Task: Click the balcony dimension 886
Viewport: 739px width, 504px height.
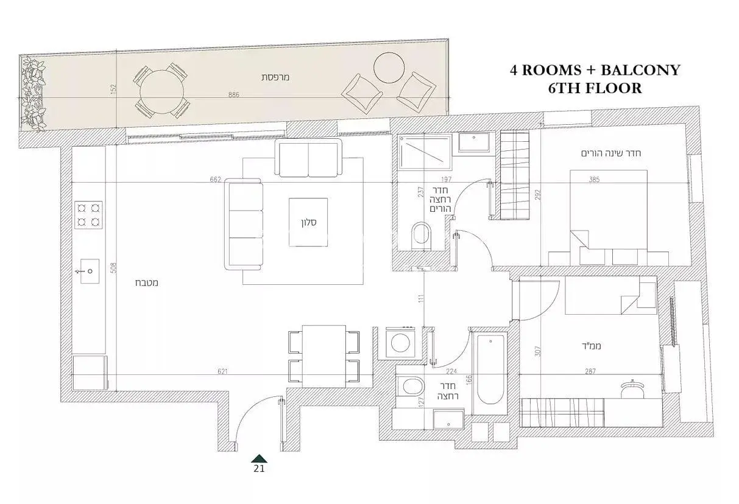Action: click(233, 94)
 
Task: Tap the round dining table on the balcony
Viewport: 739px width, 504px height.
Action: click(161, 92)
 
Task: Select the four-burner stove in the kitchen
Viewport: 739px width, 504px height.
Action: click(88, 215)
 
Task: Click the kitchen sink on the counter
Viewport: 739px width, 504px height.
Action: click(90, 271)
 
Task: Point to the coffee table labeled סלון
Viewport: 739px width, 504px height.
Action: click(308, 222)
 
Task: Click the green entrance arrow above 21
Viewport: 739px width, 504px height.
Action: click(259, 458)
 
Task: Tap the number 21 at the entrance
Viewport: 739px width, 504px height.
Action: click(259, 469)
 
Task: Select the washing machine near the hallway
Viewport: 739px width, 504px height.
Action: click(400, 343)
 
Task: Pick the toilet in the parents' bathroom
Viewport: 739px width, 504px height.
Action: click(422, 236)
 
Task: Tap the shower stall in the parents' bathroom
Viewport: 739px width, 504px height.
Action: click(424, 152)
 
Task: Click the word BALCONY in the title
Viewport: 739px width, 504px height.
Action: click(640, 70)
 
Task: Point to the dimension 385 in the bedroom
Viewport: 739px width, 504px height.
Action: click(594, 180)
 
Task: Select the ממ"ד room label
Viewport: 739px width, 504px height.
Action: click(591, 346)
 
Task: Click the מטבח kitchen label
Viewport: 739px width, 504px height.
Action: click(147, 283)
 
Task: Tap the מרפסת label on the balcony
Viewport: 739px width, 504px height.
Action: click(275, 77)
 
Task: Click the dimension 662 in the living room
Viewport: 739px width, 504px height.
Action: click(215, 180)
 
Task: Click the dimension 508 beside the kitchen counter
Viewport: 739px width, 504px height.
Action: click(113, 268)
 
